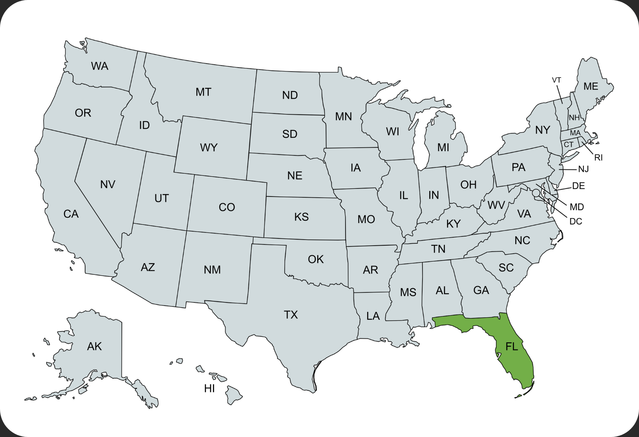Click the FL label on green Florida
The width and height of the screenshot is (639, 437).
[512, 346]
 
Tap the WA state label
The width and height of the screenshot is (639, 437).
[99, 66]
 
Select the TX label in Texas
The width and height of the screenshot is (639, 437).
[291, 315]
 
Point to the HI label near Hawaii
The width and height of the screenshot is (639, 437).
[209, 388]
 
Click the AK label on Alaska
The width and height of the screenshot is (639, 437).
[94, 346]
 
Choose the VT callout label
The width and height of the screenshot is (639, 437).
[556, 80]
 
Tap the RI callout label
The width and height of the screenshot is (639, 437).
[598, 158]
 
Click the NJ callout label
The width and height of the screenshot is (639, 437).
[583, 169]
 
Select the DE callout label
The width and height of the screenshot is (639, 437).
[578, 186]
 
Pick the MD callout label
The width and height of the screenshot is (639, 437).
[577, 207]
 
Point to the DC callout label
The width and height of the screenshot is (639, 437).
[575, 221]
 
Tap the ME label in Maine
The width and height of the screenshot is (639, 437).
[591, 87]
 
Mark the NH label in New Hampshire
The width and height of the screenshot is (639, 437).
[574, 118]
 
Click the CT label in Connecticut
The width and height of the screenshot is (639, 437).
[569, 145]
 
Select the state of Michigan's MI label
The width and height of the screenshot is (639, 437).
[443, 148]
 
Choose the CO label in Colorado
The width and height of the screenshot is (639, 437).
[227, 207]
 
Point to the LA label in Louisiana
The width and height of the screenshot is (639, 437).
[373, 316]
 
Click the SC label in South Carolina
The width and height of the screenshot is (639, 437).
[506, 268]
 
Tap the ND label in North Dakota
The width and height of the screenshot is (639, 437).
[290, 95]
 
